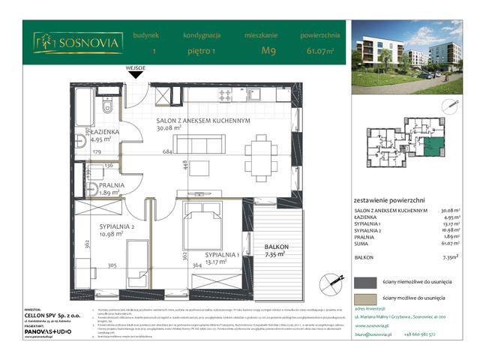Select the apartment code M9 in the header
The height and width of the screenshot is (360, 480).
coord(267,51)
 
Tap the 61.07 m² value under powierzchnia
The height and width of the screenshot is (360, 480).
coord(321,51)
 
